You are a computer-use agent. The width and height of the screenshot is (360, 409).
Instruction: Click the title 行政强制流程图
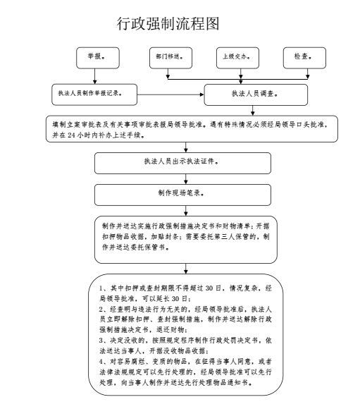pyautogui.click(x=168, y=24)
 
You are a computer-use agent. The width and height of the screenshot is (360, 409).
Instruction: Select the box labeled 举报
pyautogui.click(x=98, y=58)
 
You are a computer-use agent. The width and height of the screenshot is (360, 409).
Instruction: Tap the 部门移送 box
pyautogui.click(x=170, y=58)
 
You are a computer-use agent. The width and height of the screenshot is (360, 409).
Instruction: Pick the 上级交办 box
pyautogui.click(x=237, y=58)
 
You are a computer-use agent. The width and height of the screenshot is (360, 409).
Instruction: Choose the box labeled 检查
pyautogui.click(x=304, y=58)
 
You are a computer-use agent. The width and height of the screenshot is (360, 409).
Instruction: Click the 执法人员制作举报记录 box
pyautogui.click(x=94, y=94)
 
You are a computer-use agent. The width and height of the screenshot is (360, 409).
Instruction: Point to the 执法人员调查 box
pyautogui.click(x=256, y=94)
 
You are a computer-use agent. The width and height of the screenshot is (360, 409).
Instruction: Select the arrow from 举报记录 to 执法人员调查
pyautogui.click(x=170, y=94)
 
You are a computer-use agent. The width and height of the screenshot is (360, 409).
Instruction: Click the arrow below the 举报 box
pyautogui.click(x=95, y=76)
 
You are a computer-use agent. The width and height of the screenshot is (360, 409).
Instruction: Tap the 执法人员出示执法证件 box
pyautogui.click(x=182, y=164)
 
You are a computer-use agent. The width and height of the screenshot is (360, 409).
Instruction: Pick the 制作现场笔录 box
pyautogui.click(x=182, y=195)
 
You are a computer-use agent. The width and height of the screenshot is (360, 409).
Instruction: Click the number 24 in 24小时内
pyautogui.click(x=71, y=135)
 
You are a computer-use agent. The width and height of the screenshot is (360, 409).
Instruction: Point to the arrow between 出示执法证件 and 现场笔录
pyautogui.click(x=186, y=179)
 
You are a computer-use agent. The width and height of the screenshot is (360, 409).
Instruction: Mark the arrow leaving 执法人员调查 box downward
pyautogui.click(x=253, y=110)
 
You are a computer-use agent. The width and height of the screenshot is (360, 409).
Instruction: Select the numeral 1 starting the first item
pyautogui.click(x=101, y=288)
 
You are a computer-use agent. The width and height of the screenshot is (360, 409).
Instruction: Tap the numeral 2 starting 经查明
pyautogui.click(x=101, y=310)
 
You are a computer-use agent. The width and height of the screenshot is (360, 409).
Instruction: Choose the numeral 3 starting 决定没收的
pyautogui.click(x=101, y=341)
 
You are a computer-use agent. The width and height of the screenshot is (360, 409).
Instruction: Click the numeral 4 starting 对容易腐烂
pyautogui.click(x=101, y=362)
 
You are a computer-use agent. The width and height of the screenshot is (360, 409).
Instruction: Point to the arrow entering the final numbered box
pyautogui.click(x=186, y=269)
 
